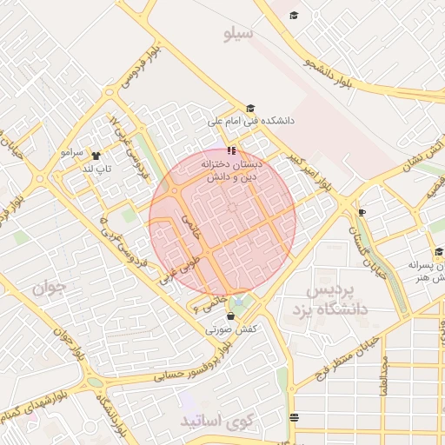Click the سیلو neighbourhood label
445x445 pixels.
(x=237, y=35)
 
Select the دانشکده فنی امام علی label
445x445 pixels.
(x=251, y=123)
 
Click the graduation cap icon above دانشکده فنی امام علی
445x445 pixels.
(x=250, y=109)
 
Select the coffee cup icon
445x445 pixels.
(x=362, y=211)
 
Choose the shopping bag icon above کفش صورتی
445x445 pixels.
(x=239, y=316)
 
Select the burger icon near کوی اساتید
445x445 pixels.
(x=293, y=417)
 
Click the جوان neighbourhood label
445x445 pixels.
(x=50, y=287)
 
